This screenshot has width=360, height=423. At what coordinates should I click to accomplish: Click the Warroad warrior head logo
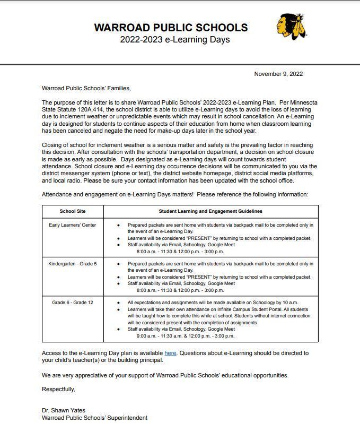point(290,27)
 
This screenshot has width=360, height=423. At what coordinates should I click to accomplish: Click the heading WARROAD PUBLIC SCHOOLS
point(171,28)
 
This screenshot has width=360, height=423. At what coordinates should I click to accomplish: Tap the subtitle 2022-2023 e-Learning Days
point(174,40)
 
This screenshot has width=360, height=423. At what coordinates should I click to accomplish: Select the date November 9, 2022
point(278,74)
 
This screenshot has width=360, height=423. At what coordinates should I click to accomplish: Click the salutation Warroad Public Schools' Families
point(86,88)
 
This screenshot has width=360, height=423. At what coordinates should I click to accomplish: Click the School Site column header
point(73,211)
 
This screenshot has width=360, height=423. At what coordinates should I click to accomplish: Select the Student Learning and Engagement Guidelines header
point(210,211)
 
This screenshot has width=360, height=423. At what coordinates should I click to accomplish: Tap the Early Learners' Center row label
point(73,225)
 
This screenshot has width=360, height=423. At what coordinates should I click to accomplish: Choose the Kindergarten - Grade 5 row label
point(73,264)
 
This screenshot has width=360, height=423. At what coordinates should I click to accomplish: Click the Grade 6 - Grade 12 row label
point(73,303)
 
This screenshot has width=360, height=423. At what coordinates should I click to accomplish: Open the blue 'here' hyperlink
point(170,353)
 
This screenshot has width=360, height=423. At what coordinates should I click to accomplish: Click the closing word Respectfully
point(58,389)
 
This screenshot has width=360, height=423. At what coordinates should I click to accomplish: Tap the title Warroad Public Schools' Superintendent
point(94,418)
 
